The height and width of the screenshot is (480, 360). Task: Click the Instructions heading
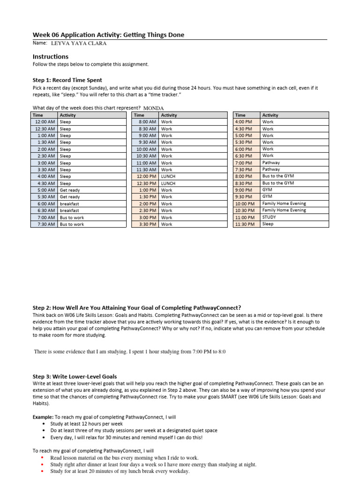click(50, 57)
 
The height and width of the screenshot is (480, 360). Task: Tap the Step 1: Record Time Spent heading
click(67, 80)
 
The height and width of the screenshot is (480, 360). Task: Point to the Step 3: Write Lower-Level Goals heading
click(75, 376)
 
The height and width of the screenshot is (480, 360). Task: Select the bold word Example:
click(43, 417)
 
